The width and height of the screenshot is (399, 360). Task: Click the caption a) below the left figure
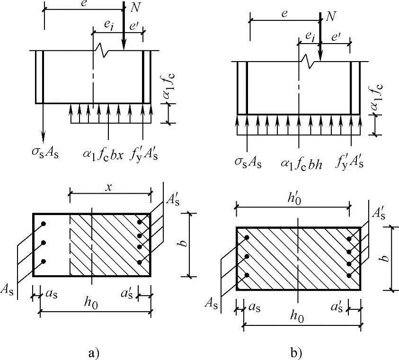[x=93, y=353]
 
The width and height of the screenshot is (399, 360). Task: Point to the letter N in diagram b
[x=331, y=18]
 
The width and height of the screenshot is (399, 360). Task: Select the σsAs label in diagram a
[x=44, y=153]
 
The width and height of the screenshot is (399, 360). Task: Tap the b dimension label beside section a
[x=185, y=244]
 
